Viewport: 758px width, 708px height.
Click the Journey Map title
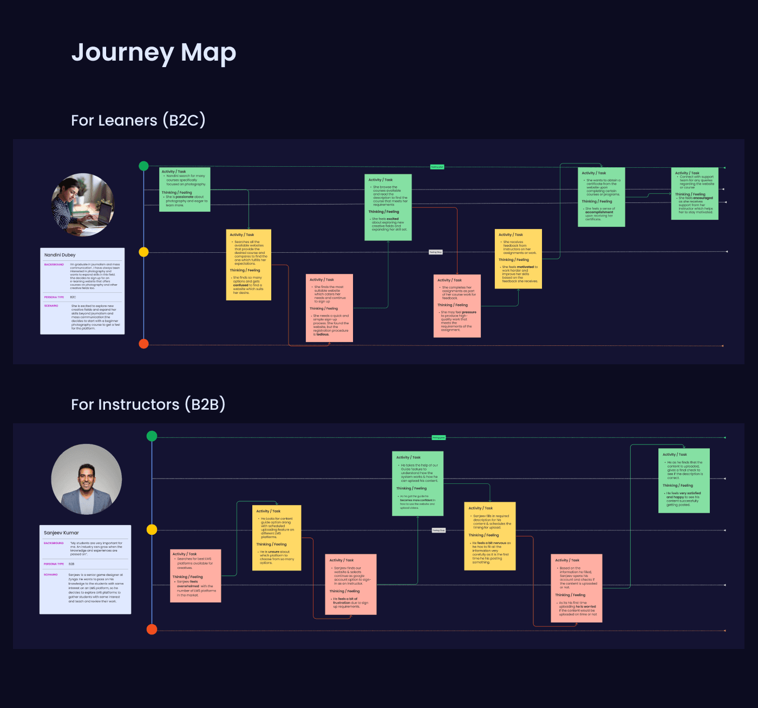coord(154,53)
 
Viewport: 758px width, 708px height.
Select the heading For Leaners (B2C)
coord(138,120)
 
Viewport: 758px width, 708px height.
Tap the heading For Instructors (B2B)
coord(148,404)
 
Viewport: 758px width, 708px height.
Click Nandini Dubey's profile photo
coord(83,205)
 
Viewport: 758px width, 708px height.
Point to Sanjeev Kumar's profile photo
coord(87,480)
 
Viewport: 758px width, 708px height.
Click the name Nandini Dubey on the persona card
coord(60,255)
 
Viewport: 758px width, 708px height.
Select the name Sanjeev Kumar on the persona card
coord(61,533)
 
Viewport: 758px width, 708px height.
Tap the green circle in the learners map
coord(143,166)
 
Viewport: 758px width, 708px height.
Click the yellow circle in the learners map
coord(143,252)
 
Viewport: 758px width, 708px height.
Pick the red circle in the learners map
coord(143,344)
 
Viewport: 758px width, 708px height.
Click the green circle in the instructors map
coord(152,436)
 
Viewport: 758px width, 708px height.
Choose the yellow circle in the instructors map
coord(152,529)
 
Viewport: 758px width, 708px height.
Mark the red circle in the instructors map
coord(152,629)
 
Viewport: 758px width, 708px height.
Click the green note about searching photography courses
coord(185,189)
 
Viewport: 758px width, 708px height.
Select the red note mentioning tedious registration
coord(329,308)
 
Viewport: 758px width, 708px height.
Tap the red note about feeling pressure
coord(457,306)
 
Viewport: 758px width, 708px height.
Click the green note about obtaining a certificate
coord(601,197)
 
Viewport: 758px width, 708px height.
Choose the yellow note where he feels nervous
coord(490,536)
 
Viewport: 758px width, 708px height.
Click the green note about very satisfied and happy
coord(684,481)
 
